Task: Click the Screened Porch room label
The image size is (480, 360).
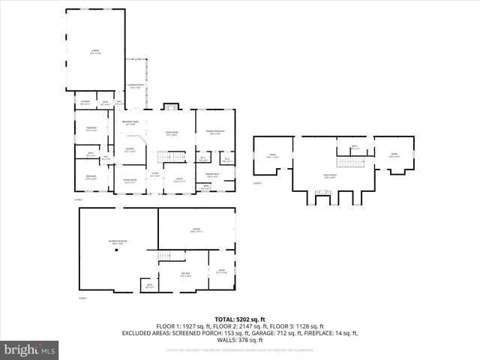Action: tap(136, 87)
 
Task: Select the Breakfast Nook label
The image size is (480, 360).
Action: tap(129, 124)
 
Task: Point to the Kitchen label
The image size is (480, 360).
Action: tap(130, 149)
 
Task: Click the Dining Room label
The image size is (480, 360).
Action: tap(130, 180)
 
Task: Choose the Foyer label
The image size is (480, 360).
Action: tap(154, 174)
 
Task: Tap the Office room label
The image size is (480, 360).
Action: tap(180, 180)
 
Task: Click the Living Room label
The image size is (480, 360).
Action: tap(171, 133)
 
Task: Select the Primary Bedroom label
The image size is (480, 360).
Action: tap(214, 133)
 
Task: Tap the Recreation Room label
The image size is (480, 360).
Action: tap(118, 241)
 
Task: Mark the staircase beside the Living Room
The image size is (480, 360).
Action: tap(175, 156)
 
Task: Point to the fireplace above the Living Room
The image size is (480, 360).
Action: tap(171, 106)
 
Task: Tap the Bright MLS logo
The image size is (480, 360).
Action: tap(29, 349)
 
